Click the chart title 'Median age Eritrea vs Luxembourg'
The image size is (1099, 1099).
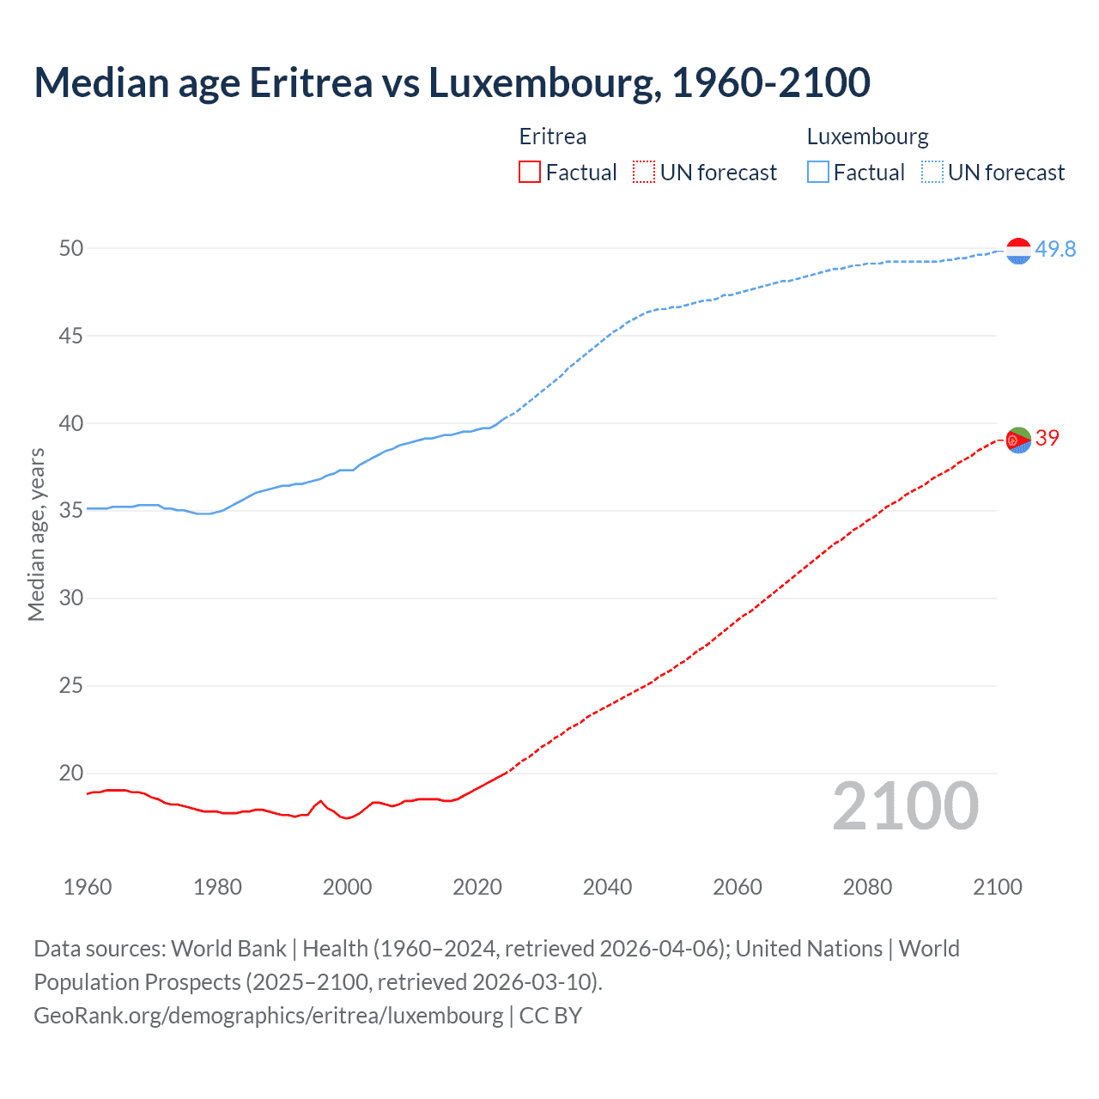click(x=452, y=82)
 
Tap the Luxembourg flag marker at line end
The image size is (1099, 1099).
click(x=1017, y=251)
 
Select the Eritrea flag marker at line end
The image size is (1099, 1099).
click(x=1017, y=440)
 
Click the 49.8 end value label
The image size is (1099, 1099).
click(x=1055, y=249)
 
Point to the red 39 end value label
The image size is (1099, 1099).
click(x=1047, y=438)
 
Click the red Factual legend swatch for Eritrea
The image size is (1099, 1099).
click(x=530, y=173)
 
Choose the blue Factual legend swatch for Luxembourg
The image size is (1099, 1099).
click(x=817, y=173)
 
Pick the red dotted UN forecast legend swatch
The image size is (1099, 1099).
click(x=644, y=173)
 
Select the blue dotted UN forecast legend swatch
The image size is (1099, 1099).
click(x=932, y=173)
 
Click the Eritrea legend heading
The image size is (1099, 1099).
click(x=553, y=137)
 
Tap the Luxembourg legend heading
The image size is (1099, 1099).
click(x=867, y=137)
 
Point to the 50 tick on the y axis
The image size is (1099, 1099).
click(x=71, y=248)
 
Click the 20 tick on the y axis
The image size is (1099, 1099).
click(x=71, y=773)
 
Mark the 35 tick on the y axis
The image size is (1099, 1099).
click(x=71, y=511)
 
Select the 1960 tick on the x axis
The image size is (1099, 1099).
click(x=88, y=887)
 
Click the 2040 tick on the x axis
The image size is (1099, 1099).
click(x=607, y=887)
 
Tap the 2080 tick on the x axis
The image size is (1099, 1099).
click(x=867, y=887)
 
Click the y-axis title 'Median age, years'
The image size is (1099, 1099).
click(x=36, y=534)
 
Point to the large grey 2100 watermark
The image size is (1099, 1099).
click(x=905, y=806)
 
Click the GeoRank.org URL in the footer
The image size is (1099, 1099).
click(x=269, y=1016)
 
